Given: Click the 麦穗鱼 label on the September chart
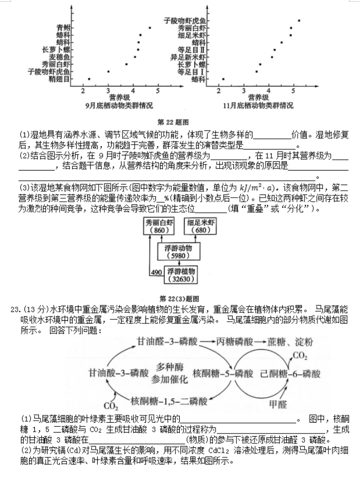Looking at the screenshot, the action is click(x=60, y=57).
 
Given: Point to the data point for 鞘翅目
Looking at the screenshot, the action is click(x=89, y=79).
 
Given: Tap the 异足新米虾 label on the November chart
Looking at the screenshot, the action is click(x=188, y=57).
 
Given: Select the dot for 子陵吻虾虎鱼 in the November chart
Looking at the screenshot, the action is click(x=299, y=21).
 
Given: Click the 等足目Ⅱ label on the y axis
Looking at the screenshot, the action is click(x=192, y=50).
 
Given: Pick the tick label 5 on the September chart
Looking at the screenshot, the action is click(x=158, y=91).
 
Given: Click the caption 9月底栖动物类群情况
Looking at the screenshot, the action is click(x=119, y=106).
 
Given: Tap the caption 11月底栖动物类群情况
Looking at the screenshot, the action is click(x=258, y=106).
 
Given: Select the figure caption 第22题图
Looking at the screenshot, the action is click(x=173, y=122).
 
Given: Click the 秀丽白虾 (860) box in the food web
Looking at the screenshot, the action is click(x=159, y=226).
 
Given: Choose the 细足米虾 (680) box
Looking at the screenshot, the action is click(x=201, y=226).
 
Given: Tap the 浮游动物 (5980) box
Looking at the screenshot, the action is click(x=178, y=252).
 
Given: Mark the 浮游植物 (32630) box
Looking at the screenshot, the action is click(x=181, y=275).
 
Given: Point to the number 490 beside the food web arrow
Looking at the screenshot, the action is click(x=156, y=272).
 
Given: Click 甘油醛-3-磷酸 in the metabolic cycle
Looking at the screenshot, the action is click(x=167, y=342).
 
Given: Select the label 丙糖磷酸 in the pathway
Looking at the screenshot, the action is click(x=234, y=342).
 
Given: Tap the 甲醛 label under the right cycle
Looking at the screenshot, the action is click(x=278, y=404).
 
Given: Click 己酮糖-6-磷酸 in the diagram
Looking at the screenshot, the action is click(x=290, y=374).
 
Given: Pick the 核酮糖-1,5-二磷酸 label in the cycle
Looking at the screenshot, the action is click(x=169, y=401).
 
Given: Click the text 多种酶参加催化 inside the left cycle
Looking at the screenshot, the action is click(x=169, y=373).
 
